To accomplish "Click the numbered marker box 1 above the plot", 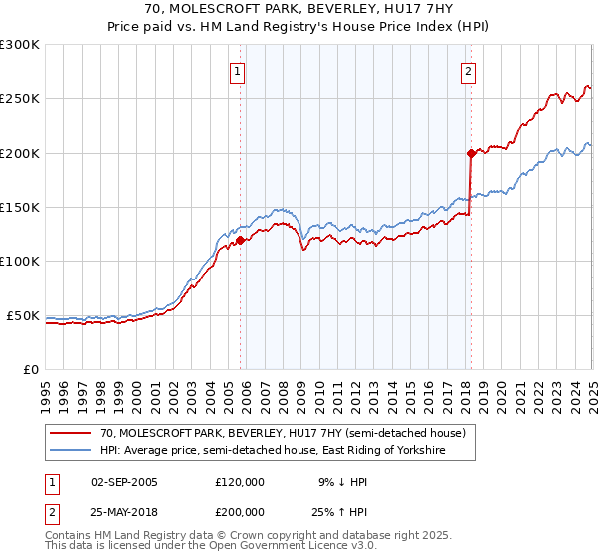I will click(x=238, y=71).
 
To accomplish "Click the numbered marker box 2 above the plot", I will click(x=468, y=71).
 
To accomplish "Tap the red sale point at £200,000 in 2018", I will click(x=471, y=153).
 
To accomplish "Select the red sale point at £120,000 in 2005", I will click(x=241, y=240).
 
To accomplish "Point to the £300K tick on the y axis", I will click(x=20, y=45).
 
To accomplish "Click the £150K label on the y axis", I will click(x=20, y=208).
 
